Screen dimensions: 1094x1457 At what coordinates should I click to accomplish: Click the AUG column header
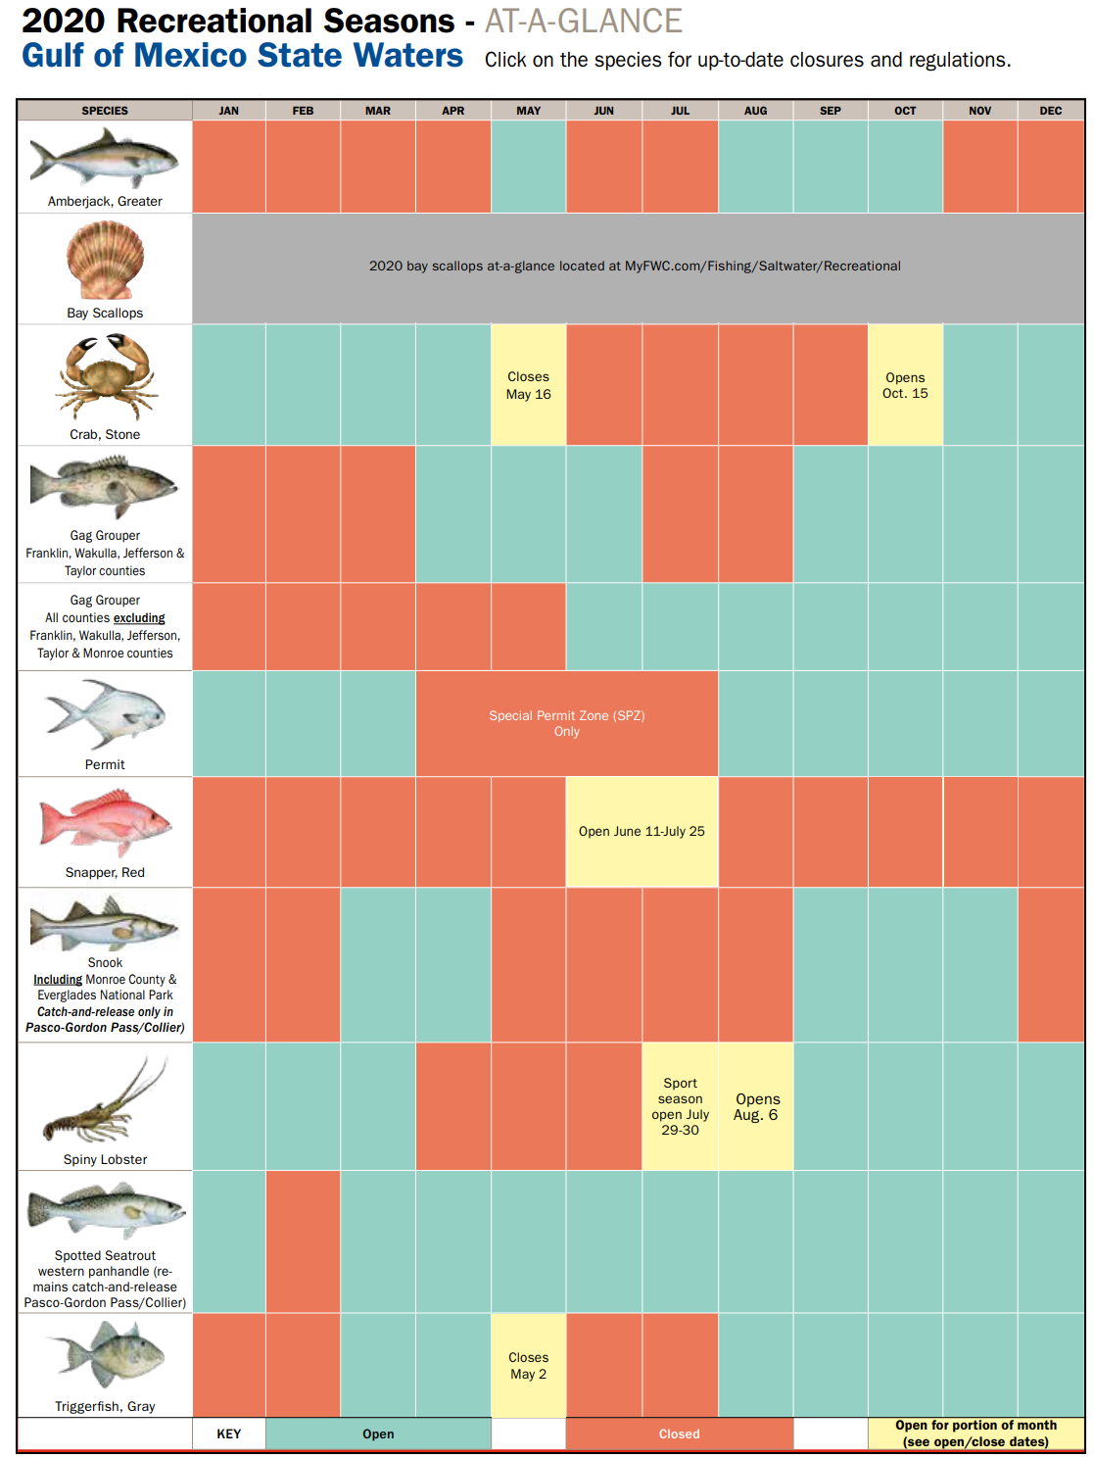tap(755, 110)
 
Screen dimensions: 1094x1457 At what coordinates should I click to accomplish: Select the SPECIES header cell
tap(105, 110)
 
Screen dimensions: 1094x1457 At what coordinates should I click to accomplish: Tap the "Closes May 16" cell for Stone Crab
tap(528, 385)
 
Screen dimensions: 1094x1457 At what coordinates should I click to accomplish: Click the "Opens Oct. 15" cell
tap(905, 385)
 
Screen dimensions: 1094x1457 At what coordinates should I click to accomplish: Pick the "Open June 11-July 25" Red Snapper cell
tap(642, 831)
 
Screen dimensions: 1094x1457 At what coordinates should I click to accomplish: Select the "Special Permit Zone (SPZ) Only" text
tap(566, 723)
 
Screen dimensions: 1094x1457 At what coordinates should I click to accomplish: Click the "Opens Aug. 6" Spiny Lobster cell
tap(756, 1106)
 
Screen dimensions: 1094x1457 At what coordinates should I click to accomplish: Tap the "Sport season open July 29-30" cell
tap(680, 1106)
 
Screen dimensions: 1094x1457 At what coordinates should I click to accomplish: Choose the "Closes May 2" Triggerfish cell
tap(528, 1365)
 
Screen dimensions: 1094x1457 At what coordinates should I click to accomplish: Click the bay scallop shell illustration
tap(106, 260)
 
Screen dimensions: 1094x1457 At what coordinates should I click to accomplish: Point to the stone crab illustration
tap(106, 376)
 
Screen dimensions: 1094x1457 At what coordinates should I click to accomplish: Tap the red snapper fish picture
tap(106, 822)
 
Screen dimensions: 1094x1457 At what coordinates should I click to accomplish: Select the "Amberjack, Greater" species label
tap(105, 201)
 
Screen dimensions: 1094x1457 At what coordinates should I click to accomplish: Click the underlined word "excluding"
tap(139, 618)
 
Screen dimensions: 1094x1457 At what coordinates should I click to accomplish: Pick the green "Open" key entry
tap(378, 1433)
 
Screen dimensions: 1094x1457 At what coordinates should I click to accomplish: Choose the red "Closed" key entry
tap(680, 1433)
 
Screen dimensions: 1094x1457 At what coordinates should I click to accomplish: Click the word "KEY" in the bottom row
tap(229, 1433)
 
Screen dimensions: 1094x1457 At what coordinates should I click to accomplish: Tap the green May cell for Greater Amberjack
tap(528, 166)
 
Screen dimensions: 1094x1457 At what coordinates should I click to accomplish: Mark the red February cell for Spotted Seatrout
tap(304, 1241)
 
